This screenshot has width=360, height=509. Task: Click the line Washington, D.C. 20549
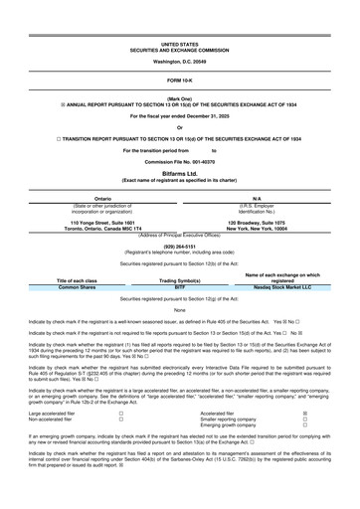tap(179, 62)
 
